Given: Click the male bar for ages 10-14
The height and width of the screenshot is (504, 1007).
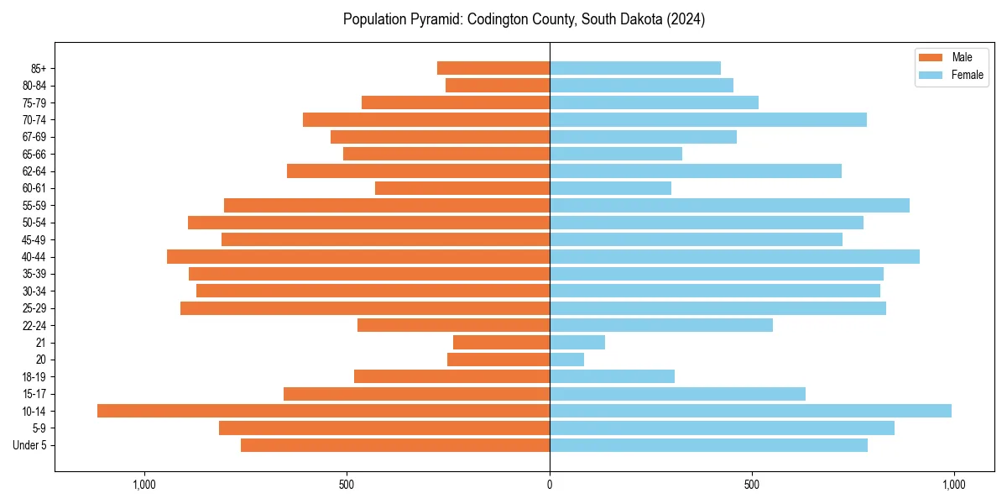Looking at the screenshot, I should pyautogui.click(x=323, y=411).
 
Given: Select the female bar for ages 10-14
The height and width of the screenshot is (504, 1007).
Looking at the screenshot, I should pyautogui.click(x=750, y=411).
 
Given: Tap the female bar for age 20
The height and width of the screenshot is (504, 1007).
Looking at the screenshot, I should pyautogui.click(x=566, y=360).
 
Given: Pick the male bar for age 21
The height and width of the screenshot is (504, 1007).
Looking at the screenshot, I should pyautogui.click(x=501, y=343).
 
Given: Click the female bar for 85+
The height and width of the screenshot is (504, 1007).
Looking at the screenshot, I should pyautogui.click(x=635, y=68).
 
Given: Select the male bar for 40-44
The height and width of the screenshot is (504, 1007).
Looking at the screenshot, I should pyautogui.click(x=358, y=257).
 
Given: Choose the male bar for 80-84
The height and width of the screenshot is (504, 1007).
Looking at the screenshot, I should pyautogui.click(x=498, y=86).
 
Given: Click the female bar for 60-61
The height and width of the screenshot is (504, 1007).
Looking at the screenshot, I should pyautogui.click(x=610, y=188).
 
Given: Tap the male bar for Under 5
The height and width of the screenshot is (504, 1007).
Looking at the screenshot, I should pyautogui.click(x=395, y=445).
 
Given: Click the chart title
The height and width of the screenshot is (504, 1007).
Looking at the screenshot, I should pyautogui.click(x=524, y=19).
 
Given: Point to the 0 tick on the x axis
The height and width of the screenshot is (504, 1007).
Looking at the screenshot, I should pyautogui.click(x=550, y=485).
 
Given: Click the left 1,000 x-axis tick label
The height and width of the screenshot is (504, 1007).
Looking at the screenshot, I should pyautogui.click(x=144, y=485).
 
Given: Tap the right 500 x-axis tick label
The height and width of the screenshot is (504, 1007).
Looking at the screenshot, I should pyautogui.click(x=752, y=485).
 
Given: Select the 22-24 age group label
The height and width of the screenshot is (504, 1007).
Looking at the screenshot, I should pyautogui.click(x=34, y=326).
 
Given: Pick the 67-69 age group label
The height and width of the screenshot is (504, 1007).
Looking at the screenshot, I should pyautogui.click(x=34, y=137).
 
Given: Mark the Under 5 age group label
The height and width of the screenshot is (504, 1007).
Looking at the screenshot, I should pyautogui.click(x=30, y=445).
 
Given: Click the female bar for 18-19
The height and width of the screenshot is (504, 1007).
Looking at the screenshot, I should pyautogui.click(x=612, y=376).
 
